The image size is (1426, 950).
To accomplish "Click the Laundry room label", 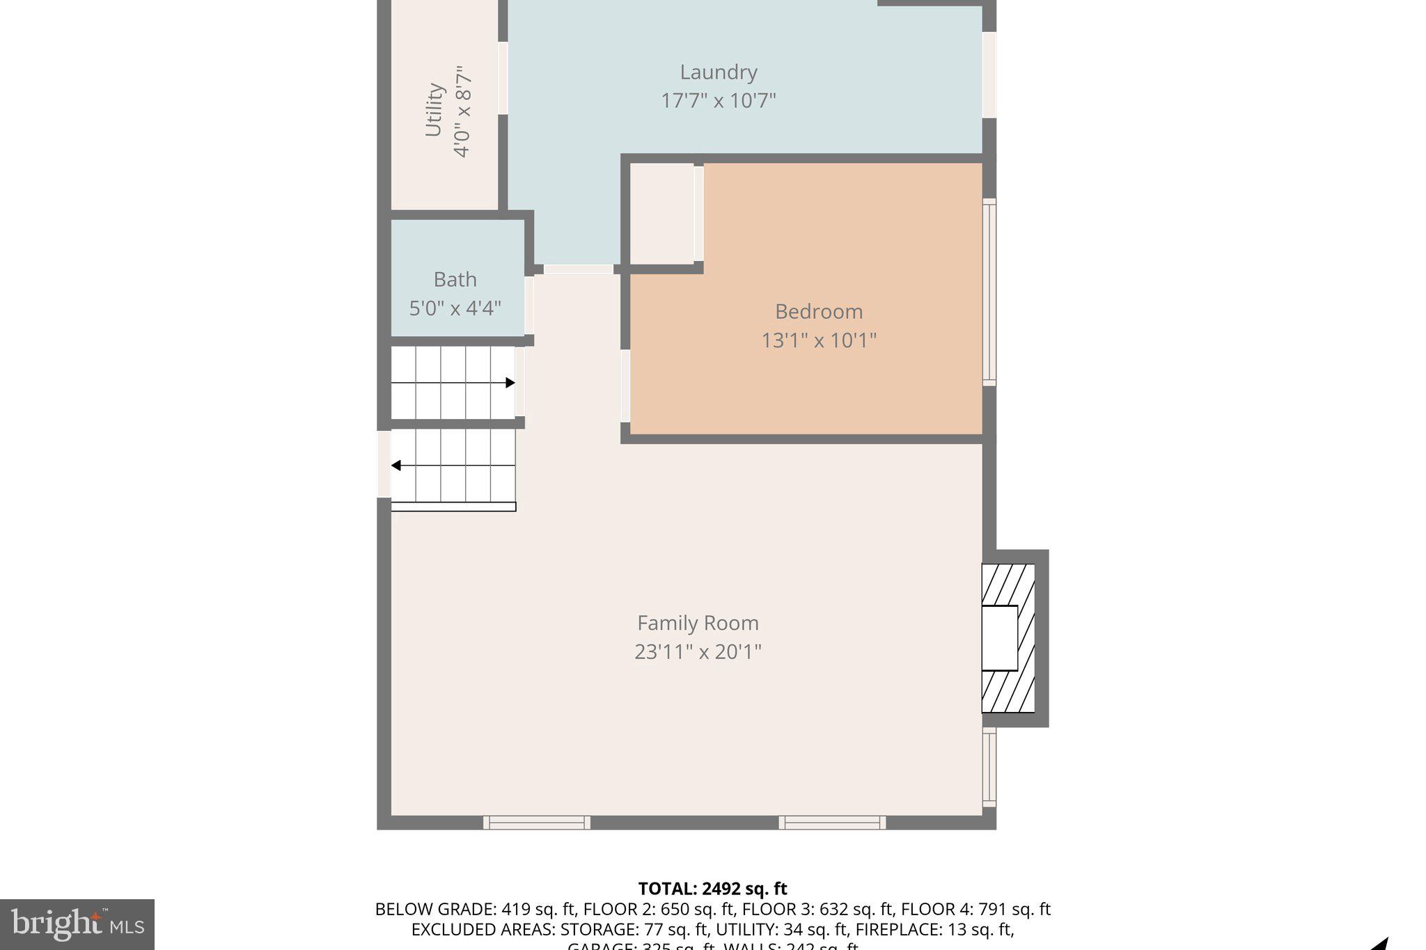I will (x=718, y=72).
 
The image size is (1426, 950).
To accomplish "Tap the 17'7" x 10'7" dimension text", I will (x=718, y=101).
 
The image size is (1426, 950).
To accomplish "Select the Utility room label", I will (x=434, y=110).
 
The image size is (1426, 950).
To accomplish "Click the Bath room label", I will (x=455, y=280).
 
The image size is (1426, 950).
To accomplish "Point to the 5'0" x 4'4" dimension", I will (x=455, y=308).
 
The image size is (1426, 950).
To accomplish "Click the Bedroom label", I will (x=818, y=311).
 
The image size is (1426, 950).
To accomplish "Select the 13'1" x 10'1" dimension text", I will (x=818, y=340).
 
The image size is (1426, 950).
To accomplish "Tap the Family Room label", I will (x=698, y=623).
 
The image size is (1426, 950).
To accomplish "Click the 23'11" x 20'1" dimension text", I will (x=698, y=652).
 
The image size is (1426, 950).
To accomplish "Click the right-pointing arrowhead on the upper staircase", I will (x=510, y=383).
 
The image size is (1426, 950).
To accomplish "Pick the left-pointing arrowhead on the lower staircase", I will (x=395, y=466).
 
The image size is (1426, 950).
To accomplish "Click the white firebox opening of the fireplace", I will (x=999, y=638).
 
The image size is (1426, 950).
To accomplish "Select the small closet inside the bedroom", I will (x=661, y=214).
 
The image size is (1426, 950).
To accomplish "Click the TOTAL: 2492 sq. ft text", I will (x=712, y=889).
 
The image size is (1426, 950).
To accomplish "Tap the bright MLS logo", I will (x=77, y=924).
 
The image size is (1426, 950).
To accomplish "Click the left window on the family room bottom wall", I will (x=537, y=823).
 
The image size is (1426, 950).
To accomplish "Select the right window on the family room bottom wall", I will (x=832, y=823).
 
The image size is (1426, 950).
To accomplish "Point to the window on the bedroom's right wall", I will (x=989, y=292).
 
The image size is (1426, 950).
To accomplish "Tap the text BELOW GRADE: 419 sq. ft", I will (x=476, y=910).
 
